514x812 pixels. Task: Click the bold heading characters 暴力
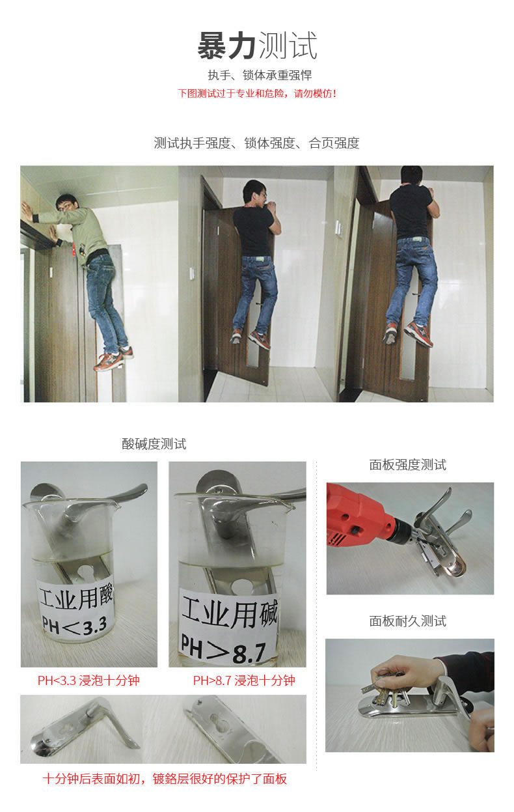pyautogui.click(x=227, y=46)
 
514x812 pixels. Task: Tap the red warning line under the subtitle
pyautogui.click(x=257, y=94)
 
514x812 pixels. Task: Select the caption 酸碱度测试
pyautogui.click(x=154, y=444)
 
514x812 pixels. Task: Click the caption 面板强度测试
pyautogui.click(x=407, y=465)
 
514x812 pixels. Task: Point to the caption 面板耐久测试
pyautogui.click(x=407, y=621)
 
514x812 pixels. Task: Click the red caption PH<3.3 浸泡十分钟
pyautogui.click(x=88, y=680)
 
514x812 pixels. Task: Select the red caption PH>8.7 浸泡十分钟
pyautogui.click(x=244, y=680)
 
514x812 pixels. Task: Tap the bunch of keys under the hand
pyautogui.click(x=386, y=689)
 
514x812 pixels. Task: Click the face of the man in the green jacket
pyautogui.click(x=65, y=206)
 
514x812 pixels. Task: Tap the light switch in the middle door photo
pyautogui.click(x=193, y=273)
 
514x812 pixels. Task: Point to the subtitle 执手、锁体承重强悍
pyautogui.click(x=260, y=76)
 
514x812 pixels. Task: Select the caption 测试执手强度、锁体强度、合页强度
pyautogui.click(x=256, y=143)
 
